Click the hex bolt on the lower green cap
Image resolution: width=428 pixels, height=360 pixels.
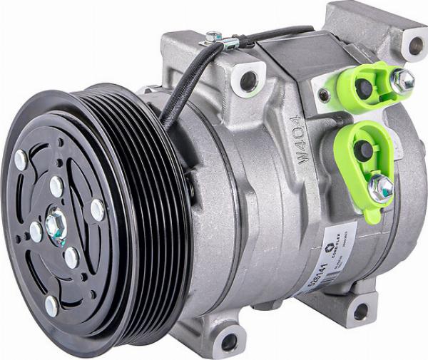click(382, 186)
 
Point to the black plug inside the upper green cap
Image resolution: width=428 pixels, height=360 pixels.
click(363, 88)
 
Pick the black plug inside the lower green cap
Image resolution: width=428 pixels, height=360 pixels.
click(364, 149)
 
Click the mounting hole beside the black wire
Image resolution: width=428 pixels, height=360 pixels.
click(248, 81)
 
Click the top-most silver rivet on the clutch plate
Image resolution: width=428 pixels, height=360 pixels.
click(21, 160)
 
